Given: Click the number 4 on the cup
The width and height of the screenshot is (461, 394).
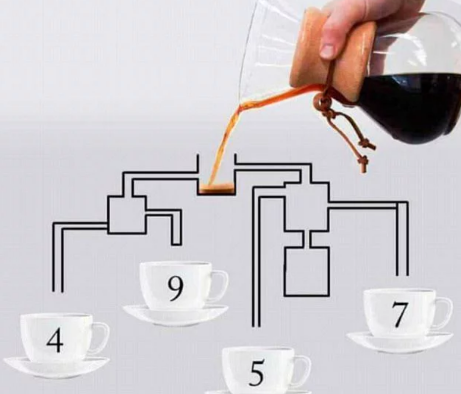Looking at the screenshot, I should click(55, 340).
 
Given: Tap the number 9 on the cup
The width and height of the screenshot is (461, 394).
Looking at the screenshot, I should click(175, 288).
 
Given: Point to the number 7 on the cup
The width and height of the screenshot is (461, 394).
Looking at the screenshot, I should click(399, 315).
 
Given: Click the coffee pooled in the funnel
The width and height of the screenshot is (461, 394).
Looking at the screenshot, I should click(216, 188).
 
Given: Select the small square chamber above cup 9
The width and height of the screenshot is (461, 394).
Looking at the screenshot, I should click(126, 214).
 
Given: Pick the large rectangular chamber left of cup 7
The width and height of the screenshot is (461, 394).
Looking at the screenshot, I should click(307, 272).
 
